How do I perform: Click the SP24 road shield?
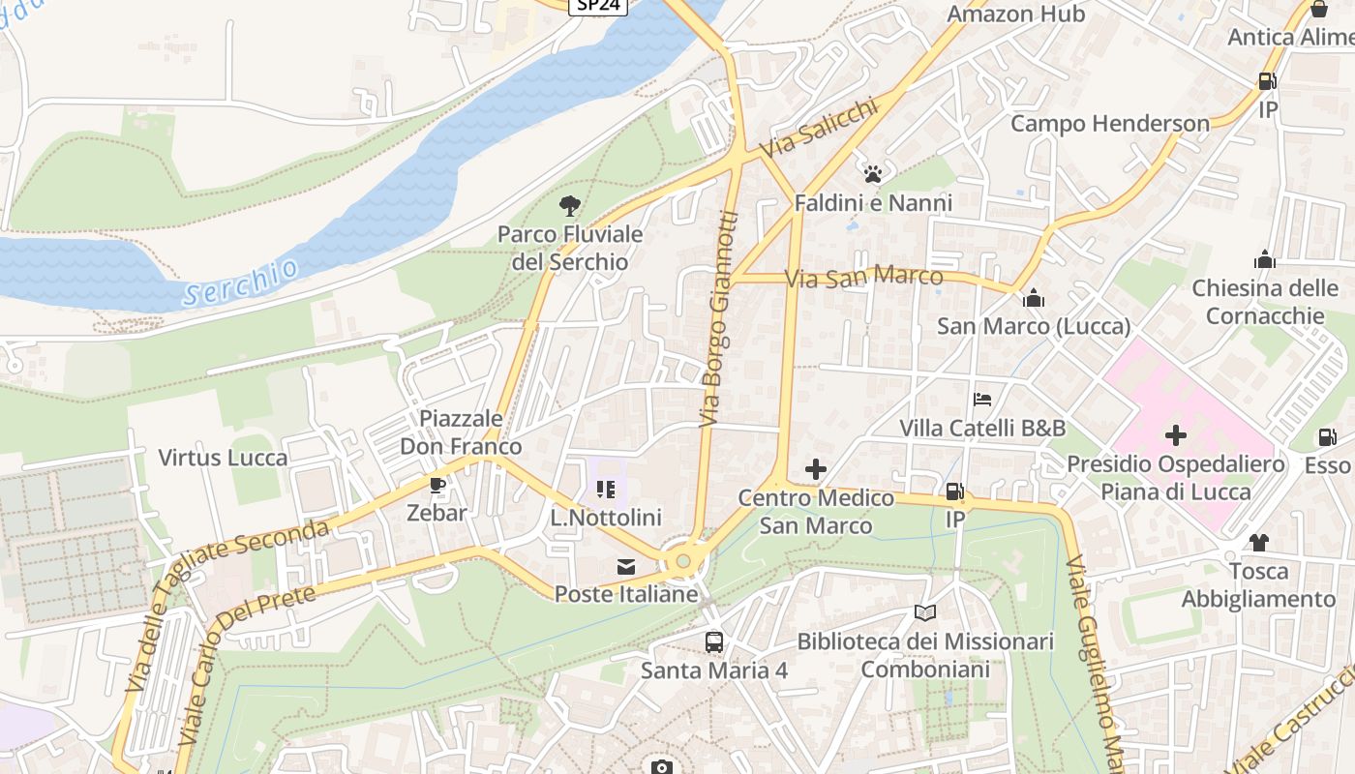(x=597, y=6)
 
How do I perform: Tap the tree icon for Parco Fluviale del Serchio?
(x=570, y=205)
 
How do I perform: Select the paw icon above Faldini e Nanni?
(x=873, y=174)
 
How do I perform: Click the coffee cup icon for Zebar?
(x=437, y=484)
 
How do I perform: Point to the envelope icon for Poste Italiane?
(x=626, y=567)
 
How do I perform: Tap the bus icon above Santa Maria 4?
(x=714, y=641)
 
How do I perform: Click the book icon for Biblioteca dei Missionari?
(x=925, y=612)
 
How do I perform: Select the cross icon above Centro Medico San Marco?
(x=816, y=469)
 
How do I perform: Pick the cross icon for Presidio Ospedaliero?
(x=1176, y=435)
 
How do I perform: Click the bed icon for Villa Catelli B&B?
(x=982, y=399)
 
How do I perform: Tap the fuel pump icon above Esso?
(x=1327, y=437)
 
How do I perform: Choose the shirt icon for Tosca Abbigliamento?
(x=1258, y=542)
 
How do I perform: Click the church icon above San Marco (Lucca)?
(x=1034, y=297)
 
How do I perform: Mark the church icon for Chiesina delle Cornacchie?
(x=1265, y=259)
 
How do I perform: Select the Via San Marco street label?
(x=863, y=278)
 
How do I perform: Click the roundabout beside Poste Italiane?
(x=683, y=561)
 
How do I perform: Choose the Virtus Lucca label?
(x=223, y=458)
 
